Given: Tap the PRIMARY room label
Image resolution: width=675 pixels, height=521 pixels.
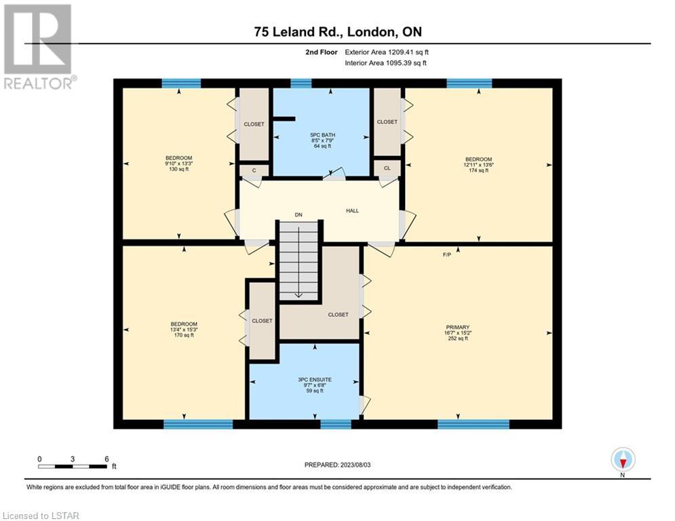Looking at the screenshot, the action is (458, 327).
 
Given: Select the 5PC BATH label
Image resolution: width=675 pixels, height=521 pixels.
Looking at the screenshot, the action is (322, 135).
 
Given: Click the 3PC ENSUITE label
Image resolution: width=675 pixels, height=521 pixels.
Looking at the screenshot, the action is (315, 380).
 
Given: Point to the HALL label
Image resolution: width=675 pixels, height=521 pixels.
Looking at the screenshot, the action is (352, 210).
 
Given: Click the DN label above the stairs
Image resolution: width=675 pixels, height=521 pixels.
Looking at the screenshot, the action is (298, 214).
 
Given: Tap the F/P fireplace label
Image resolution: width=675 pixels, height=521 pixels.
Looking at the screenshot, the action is (447, 255).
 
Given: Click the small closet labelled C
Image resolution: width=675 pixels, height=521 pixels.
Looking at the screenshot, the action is (254, 170).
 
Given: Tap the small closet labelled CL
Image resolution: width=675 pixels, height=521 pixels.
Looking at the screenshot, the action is (387, 168).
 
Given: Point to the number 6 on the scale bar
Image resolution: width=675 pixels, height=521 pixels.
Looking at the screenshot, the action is (107, 459).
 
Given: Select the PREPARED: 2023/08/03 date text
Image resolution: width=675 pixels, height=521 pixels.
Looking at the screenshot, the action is (338, 465).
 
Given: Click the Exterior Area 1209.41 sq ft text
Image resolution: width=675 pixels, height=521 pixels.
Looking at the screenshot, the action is (387, 52).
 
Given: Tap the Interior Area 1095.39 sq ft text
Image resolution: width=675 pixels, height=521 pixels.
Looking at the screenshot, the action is (386, 63).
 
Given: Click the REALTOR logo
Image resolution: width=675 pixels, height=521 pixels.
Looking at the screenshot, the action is (39, 47).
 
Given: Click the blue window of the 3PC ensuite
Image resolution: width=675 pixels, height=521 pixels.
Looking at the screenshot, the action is (336, 424).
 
